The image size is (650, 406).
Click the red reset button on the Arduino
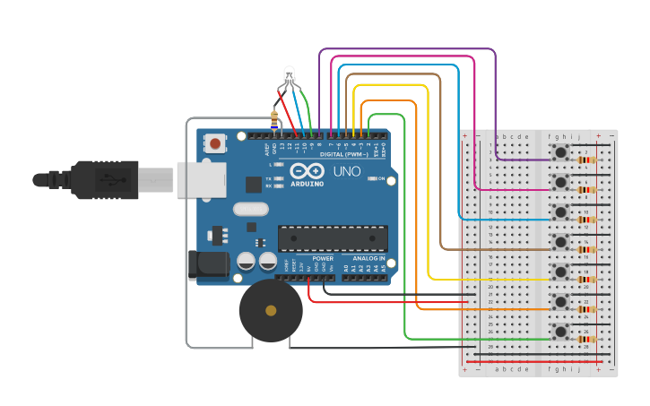coord(215,143)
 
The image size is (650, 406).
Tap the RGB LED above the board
coord(289,75)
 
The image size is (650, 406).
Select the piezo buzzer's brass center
coord(271,310)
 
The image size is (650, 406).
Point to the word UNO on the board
coord(346,171)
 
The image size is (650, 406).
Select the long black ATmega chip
coord(333,238)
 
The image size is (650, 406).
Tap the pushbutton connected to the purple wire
coord(561,152)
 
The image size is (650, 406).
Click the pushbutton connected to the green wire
coord(561,333)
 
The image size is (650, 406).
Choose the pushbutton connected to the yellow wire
coord(561,272)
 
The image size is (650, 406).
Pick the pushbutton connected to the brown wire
coord(561,242)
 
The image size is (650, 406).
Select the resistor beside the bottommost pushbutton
coord(587,340)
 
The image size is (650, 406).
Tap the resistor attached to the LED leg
coord(273,117)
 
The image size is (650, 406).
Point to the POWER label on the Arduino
coord(323,258)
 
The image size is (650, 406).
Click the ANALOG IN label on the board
coord(368,258)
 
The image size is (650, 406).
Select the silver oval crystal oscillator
coord(250,210)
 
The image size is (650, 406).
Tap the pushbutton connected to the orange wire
coord(561,302)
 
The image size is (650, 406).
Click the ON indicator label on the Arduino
coord(383,179)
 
